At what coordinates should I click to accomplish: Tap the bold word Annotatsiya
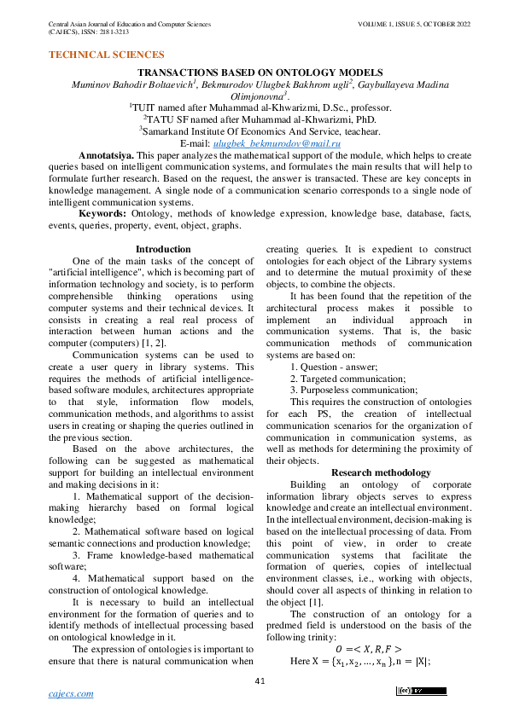[105, 158]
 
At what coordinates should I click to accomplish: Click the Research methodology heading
[380, 472]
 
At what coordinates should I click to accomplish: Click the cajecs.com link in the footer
[73, 694]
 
